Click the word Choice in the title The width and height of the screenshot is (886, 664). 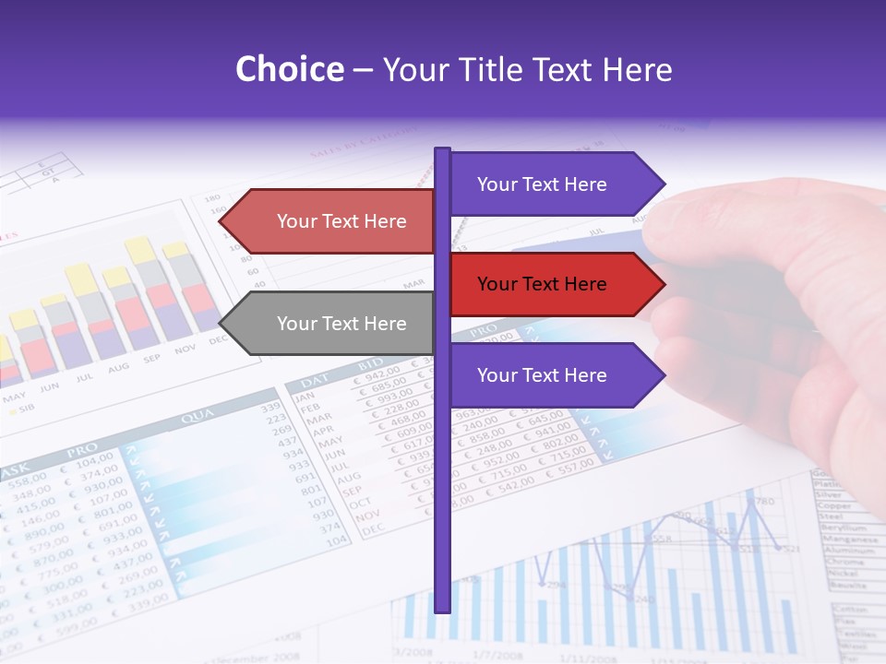(289, 69)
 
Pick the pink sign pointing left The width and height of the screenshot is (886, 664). (332, 221)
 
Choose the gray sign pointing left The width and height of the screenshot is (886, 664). (332, 324)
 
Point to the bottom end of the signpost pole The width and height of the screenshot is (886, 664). (443, 608)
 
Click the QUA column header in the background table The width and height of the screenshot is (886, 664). (198, 417)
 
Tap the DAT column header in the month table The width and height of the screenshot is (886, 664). (315, 380)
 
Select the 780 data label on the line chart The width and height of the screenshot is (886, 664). (762, 502)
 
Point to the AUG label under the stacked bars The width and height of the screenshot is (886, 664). (119, 368)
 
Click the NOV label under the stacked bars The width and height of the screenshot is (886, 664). (186, 349)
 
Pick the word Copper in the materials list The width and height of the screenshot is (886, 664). (834, 505)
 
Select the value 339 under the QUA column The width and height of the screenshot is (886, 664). (270, 407)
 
